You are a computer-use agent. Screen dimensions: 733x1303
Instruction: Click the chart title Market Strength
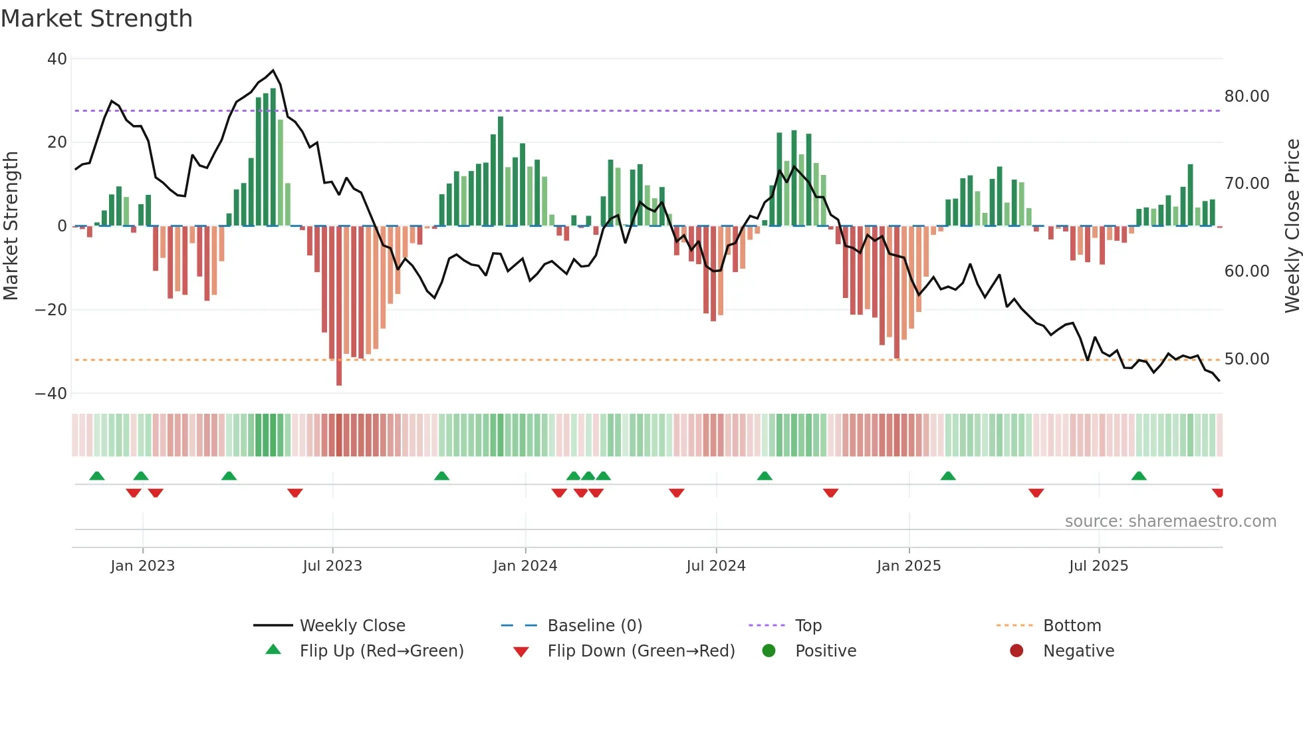tap(96, 19)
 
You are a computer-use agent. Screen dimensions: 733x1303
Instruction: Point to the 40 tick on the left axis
tap(57, 59)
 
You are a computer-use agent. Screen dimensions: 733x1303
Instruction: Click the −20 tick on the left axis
tap(51, 310)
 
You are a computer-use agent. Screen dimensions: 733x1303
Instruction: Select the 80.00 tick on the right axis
tap(1246, 96)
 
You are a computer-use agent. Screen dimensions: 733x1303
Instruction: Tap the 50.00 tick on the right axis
tap(1246, 359)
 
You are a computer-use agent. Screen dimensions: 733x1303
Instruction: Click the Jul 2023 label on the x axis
tap(332, 566)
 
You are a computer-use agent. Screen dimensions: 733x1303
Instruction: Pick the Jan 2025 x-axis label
tap(909, 566)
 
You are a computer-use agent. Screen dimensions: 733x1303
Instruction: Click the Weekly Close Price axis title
tap(1292, 226)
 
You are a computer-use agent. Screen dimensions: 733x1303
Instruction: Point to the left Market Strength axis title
tap(11, 226)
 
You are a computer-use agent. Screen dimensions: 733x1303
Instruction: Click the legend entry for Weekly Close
tap(352, 626)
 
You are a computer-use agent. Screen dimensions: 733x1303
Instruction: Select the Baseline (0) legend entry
tap(594, 626)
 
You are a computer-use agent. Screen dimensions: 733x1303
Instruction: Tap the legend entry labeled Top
tap(808, 626)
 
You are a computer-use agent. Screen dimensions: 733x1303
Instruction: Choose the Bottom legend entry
tap(1072, 626)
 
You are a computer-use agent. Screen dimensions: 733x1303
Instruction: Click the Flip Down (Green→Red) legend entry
tap(641, 651)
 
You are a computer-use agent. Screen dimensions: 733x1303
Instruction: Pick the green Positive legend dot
tap(769, 651)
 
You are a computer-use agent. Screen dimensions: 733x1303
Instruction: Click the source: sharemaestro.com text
tap(1170, 521)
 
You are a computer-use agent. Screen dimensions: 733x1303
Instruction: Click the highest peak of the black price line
tap(273, 71)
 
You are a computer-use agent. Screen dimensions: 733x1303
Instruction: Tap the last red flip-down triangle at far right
tap(1218, 493)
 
